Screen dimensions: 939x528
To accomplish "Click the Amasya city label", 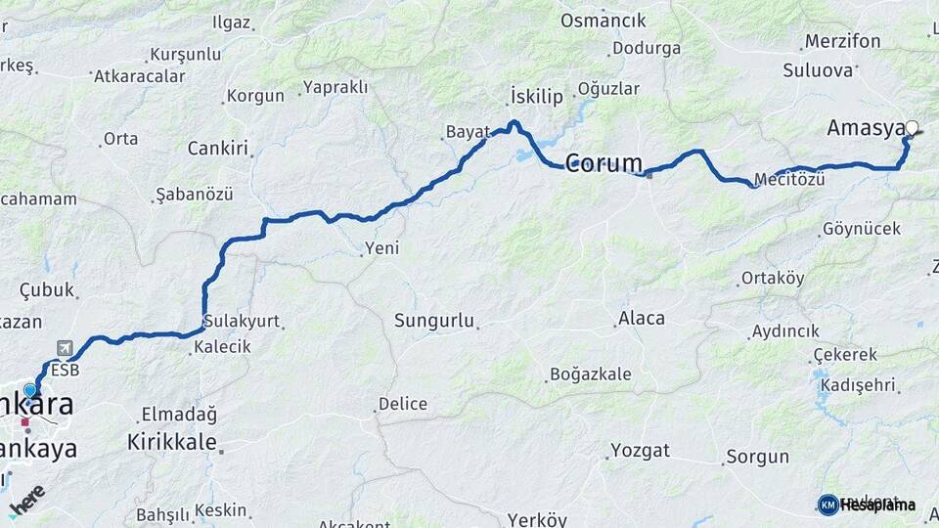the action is coord(865,128).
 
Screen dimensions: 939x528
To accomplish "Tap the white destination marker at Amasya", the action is coord(913,127).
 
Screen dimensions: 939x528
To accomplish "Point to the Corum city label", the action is coord(604,163).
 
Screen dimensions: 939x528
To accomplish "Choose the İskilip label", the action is coord(537,96).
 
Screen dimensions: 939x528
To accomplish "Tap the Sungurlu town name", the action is coord(434,320).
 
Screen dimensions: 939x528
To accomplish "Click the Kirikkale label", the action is coord(172,442).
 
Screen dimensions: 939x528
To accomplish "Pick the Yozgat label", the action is coord(641,450).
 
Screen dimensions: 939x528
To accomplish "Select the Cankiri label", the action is coord(218,149).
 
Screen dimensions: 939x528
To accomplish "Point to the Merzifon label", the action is coord(842,42).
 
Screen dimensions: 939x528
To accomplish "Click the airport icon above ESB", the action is coord(66,348).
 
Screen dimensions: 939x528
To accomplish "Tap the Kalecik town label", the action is coord(222,346).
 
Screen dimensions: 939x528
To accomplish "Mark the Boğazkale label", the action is coord(591,374).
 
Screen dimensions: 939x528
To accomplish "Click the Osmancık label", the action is coord(604,21).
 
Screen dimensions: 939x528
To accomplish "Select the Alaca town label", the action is coord(642,318).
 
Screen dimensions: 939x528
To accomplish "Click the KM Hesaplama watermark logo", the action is coord(867,505).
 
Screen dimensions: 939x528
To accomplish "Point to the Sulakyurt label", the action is coord(241,321).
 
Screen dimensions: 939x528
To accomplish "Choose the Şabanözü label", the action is coord(194,195).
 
